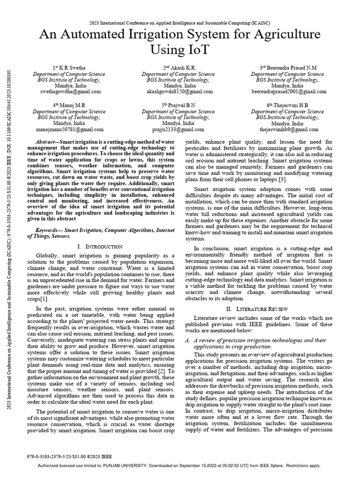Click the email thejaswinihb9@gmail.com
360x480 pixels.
tap(288, 129)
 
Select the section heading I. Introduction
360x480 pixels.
tap(99, 247)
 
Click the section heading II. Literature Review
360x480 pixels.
tap(253, 309)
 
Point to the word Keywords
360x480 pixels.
tap(49, 231)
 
